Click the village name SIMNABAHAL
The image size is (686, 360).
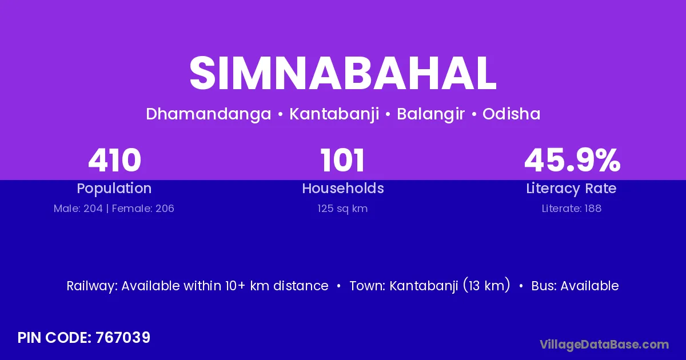click(343, 74)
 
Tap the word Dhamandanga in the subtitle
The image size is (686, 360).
click(209, 114)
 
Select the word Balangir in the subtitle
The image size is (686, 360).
click(430, 114)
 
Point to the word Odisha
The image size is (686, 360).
click(512, 114)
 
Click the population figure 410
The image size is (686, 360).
click(114, 160)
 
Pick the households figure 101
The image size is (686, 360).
click(342, 160)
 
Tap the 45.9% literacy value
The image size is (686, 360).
click(572, 160)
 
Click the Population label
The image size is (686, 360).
click(114, 189)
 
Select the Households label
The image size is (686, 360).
click(343, 188)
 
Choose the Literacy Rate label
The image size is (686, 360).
click(571, 189)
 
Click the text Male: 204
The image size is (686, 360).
click(78, 209)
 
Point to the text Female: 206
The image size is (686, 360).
click(143, 209)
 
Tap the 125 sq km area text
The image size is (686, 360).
click(342, 209)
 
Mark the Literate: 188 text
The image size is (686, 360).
click(572, 209)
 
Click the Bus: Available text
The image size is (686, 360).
click(575, 286)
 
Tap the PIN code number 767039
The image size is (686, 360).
click(123, 338)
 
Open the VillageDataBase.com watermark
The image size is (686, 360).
click(604, 345)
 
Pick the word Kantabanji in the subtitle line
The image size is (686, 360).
click(334, 114)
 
